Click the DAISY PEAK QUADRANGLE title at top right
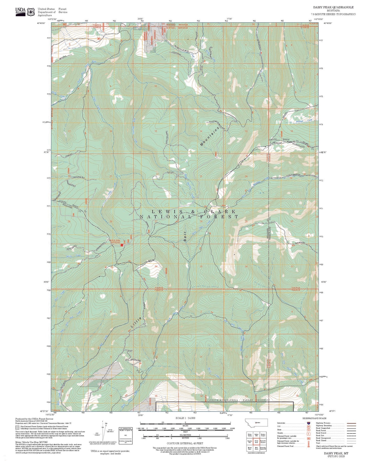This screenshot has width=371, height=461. (333, 7)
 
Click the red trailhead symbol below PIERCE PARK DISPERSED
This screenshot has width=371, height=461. (122, 245)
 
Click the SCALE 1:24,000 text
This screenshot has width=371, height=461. (185, 418)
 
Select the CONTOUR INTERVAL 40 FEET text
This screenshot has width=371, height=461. (185, 443)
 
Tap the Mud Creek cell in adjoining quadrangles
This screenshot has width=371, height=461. (256, 448)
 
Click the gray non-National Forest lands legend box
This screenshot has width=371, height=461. (17, 428)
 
